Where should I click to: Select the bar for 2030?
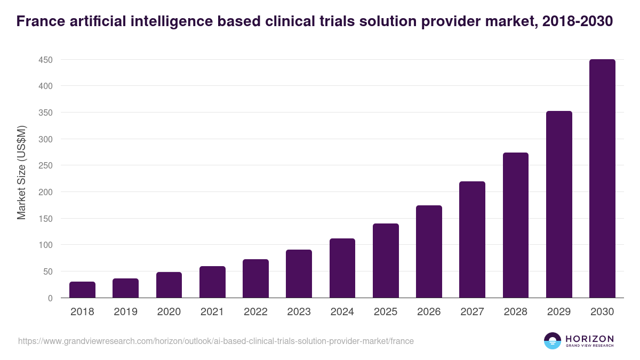(602, 179)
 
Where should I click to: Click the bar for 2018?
(82, 290)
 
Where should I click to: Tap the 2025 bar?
(386, 261)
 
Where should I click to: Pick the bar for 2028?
(516, 225)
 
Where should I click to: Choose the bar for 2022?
(255, 278)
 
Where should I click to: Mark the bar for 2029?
(559, 204)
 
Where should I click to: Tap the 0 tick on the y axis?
(50, 298)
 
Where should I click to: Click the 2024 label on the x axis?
(342, 312)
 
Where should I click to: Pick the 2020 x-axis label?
(169, 312)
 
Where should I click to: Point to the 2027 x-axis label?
(472, 312)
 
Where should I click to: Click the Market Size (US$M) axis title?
(22, 172)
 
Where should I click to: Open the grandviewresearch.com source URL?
(216, 341)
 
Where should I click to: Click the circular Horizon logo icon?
(553, 341)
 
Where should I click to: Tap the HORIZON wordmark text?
(589, 339)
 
